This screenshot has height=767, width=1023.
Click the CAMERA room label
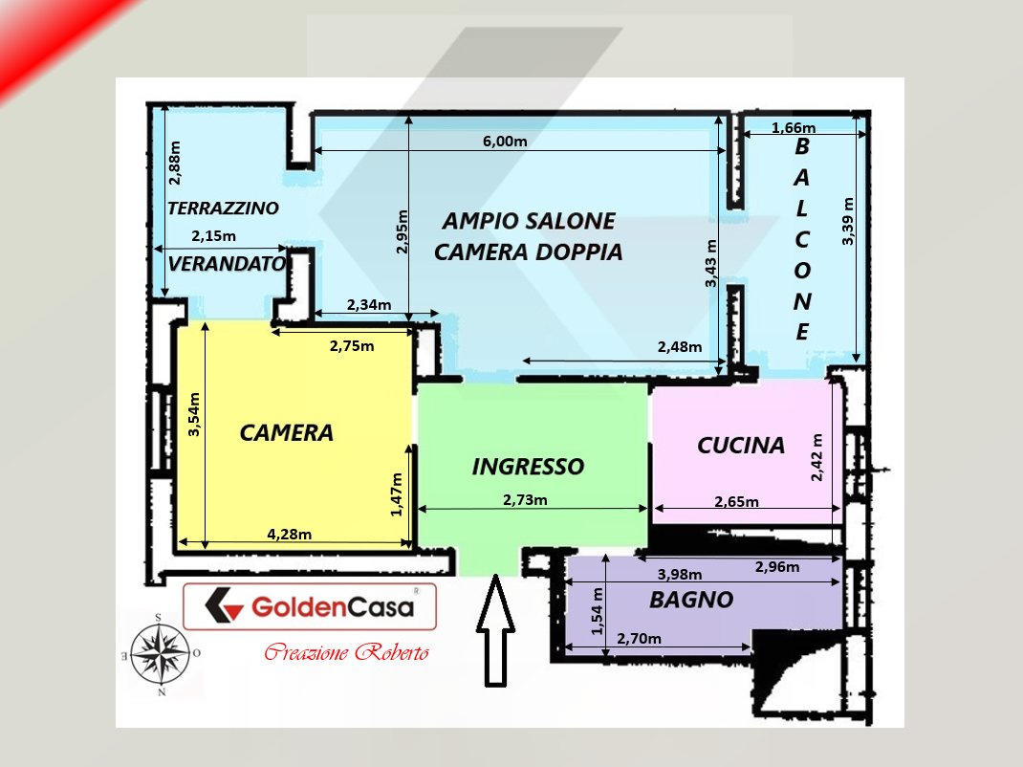[287, 432]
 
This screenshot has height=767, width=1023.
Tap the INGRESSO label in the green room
[528, 466]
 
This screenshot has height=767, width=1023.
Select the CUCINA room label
[741, 446]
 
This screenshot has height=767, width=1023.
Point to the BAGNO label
[691, 600]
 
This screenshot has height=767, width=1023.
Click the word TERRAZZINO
[223, 208]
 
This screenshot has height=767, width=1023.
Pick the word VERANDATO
[227, 264]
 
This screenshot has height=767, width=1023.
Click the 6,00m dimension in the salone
[505, 141]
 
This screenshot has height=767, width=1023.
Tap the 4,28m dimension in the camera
[289, 534]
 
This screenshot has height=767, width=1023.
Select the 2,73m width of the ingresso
[525, 500]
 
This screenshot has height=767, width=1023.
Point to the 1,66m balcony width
[794, 127]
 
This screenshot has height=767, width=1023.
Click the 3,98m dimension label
[679, 575]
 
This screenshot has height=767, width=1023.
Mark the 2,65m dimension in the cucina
[736, 501]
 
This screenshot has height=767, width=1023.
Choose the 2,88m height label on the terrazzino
[174, 163]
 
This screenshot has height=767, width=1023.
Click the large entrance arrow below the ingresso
[495, 630]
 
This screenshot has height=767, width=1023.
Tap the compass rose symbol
[161, 653]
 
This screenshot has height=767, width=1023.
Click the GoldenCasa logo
[309, 606]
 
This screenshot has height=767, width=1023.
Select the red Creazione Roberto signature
[346, 651]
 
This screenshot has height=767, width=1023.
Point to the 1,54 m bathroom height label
[597, 611]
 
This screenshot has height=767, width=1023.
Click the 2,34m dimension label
[369, 305]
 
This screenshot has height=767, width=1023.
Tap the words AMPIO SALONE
[529, 221]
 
